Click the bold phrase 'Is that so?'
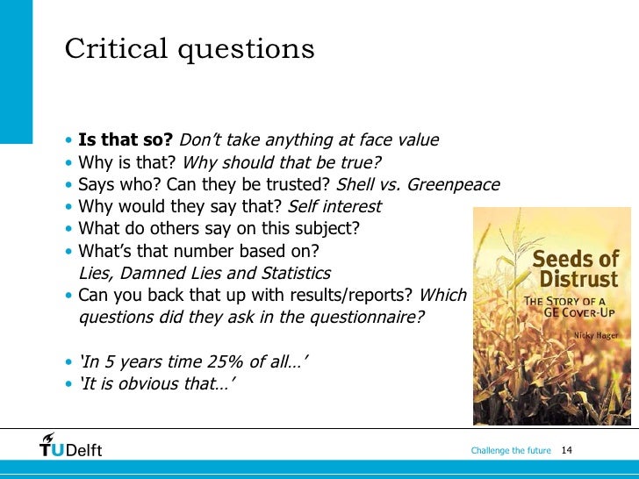pos(126,140)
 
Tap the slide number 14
pos(565,451)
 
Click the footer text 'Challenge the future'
pos(510,451)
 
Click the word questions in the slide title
pos(248,48)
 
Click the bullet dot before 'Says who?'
pos(68,186)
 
